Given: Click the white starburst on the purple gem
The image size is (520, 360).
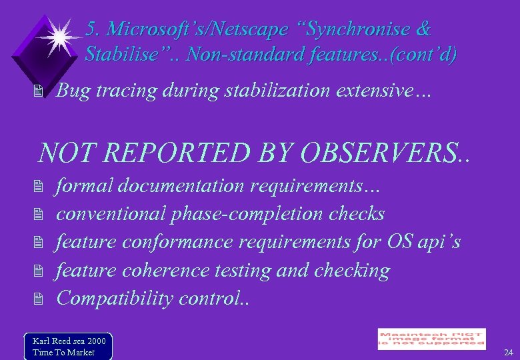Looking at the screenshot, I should tap(59, 37).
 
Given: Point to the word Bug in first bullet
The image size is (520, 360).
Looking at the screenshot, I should tap(73, 91).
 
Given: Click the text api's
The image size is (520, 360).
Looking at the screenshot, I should tap(439, 241).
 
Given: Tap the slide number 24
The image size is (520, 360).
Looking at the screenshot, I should tap(509, 352).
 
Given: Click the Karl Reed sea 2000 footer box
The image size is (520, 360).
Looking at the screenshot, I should tap(68, 346).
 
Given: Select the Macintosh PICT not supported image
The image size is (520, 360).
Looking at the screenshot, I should tap(431, 339).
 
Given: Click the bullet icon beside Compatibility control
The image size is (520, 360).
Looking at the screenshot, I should tap(38, 299).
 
